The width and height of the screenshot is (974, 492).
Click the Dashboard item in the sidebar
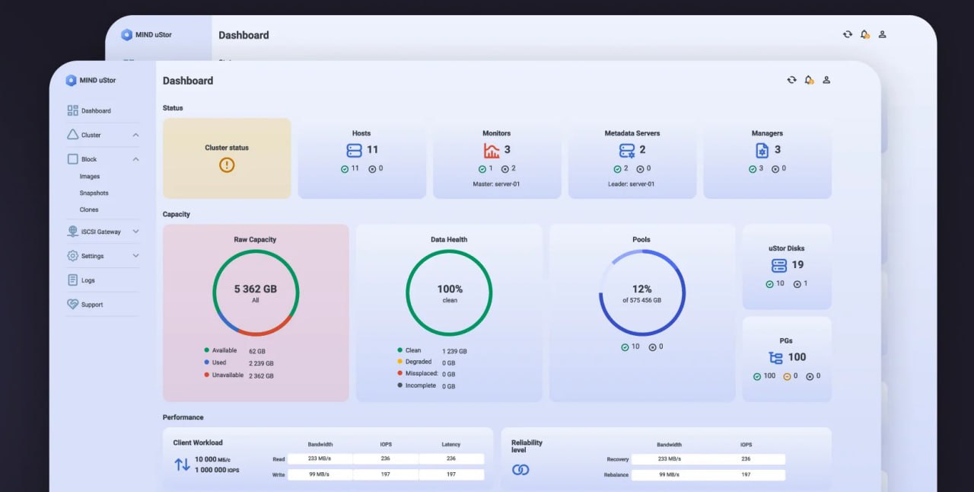96,111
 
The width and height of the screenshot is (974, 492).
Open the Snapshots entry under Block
94,193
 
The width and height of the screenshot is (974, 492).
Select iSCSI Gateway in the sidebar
100,232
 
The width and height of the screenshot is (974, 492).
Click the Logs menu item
88,280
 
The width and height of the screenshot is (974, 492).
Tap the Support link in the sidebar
91,305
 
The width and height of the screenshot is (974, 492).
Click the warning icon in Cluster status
227,165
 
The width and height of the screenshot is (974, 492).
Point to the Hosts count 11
372,150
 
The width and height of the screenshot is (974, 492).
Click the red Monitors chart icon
492,150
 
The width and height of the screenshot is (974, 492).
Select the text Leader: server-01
631,184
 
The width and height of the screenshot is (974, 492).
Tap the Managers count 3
777,150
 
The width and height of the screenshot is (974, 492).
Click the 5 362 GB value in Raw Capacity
256,289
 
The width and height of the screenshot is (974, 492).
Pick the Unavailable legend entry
228,375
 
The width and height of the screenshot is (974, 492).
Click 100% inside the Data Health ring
450,289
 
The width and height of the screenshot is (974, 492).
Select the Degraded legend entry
418,362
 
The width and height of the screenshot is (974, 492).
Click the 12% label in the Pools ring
641,289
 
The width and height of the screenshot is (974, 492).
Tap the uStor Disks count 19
797,265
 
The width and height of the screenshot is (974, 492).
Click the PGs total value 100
797,357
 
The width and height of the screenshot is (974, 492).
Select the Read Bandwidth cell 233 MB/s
319,458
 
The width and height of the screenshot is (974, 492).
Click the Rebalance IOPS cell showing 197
745,474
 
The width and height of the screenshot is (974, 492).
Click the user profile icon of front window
826,80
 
